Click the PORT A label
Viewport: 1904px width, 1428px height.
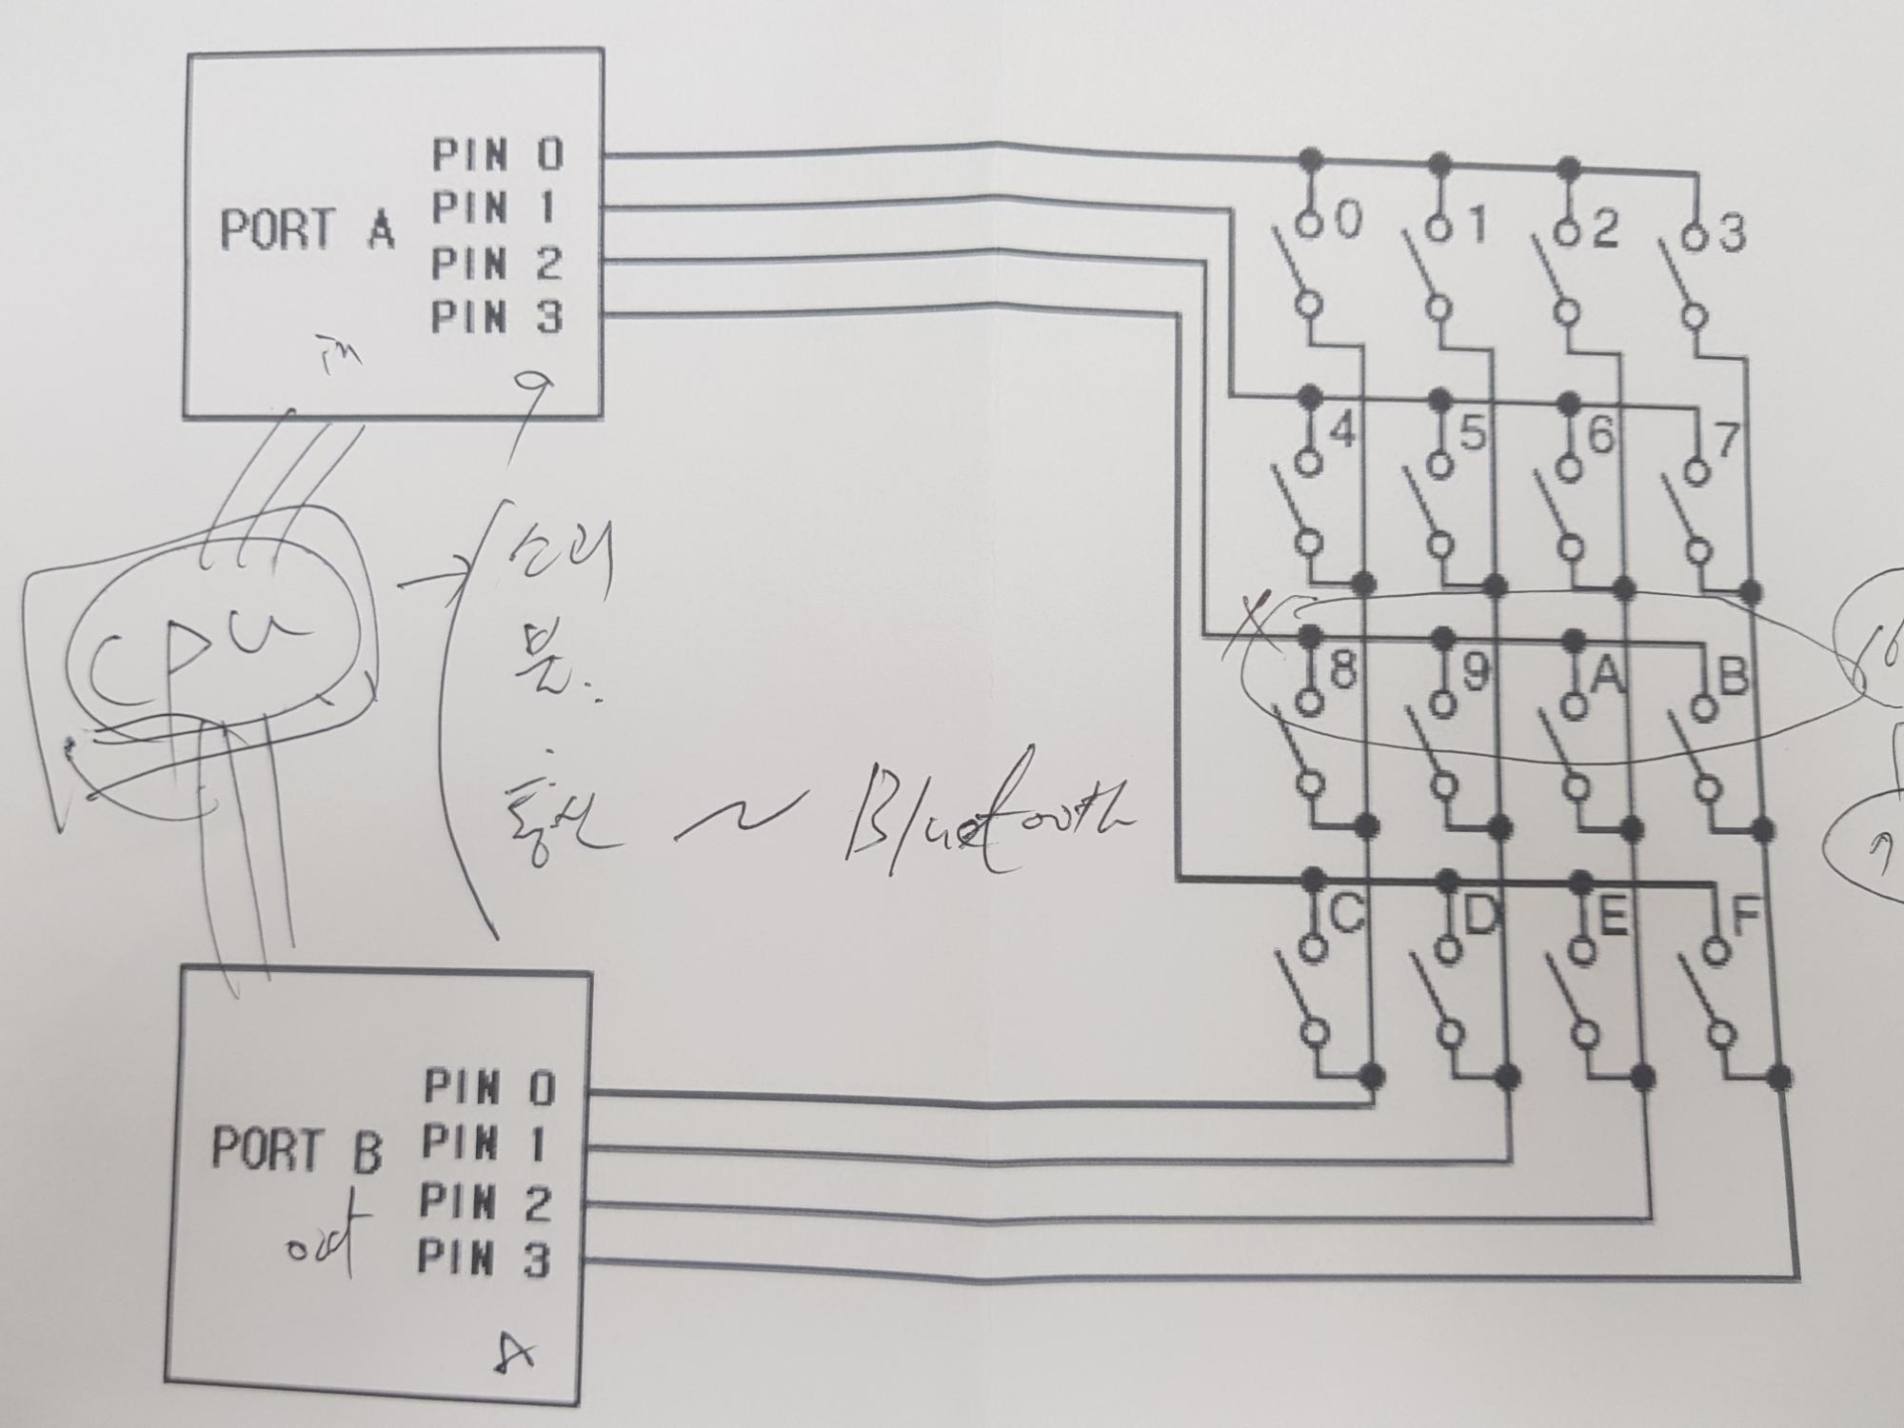pos(307,229)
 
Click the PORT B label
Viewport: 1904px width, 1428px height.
pos(296,1149)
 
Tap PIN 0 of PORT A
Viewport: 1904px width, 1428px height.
pos(497,155)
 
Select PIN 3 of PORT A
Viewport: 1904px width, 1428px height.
pos(497,317)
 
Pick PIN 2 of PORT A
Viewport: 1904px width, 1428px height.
pos(497,264)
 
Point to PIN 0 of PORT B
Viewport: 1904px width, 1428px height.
pos(488,1087)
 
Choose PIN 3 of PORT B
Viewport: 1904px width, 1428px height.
pos(484,1260)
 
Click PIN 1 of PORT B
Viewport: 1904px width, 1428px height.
pos(485,1142)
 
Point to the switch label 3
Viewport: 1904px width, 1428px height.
pos(1731,233)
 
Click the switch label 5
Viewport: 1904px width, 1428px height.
pos(1472,434)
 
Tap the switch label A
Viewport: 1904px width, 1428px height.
pos(1605,675)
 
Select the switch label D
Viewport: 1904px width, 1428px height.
pos(1478,917)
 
